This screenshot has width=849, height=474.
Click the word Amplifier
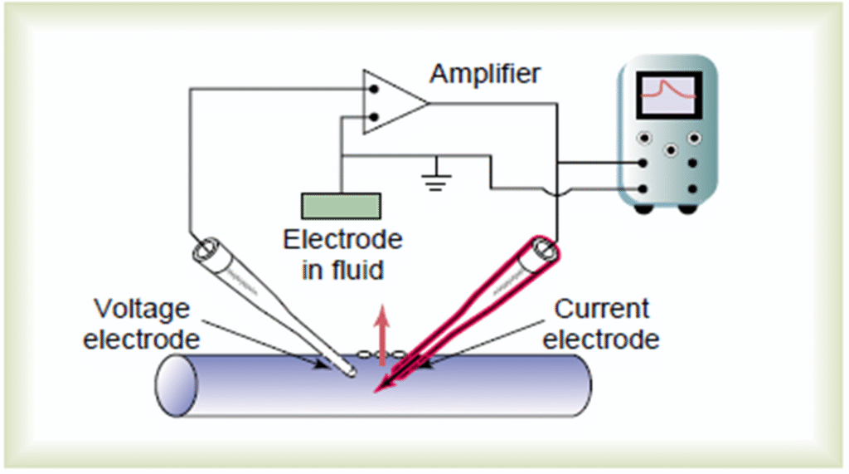point(485,74)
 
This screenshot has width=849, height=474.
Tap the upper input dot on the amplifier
point(374,88)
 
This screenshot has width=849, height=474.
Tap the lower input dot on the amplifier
point(374,117)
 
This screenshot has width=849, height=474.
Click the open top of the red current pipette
point(545,247)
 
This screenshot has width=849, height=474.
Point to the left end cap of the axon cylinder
point(176,387)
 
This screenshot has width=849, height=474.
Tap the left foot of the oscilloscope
point(643,208)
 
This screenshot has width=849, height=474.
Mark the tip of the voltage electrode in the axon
point(353,374)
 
